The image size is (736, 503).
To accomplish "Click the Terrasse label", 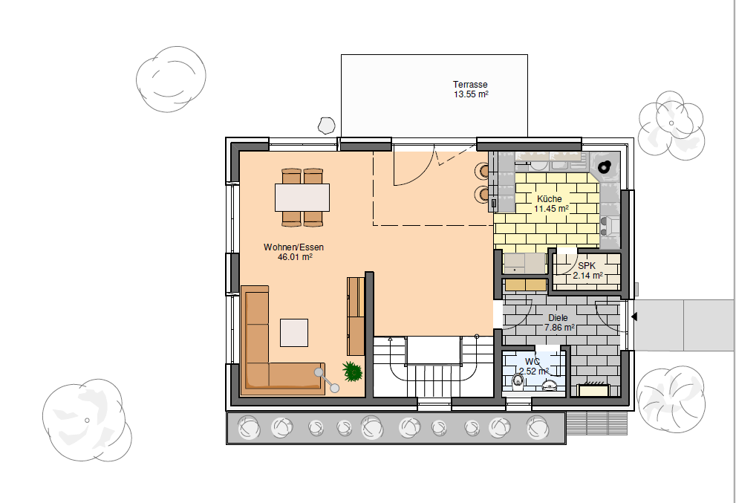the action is pos(470,85).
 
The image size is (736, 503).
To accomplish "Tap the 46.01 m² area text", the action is pos(295,257).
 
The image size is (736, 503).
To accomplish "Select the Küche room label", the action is pos(549,199).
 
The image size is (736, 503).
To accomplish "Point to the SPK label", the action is pos(587,266).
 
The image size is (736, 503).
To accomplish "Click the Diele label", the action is pos(558,318).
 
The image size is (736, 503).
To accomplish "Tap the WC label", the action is pos(533,362).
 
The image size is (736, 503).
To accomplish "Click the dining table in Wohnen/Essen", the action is pos(302,197).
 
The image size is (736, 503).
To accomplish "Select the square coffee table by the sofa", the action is pos(294,333).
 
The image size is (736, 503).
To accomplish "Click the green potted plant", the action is pos(352,371).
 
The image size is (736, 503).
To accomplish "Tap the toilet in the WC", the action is pos(517,379).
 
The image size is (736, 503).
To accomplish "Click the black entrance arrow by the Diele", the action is pos(634,317).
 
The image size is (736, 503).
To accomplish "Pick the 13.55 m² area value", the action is pos(471,94).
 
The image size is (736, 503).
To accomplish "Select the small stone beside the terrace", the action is pos(326,126).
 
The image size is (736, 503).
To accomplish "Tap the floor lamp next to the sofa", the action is pos(327,380).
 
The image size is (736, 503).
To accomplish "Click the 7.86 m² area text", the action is pos(559,328).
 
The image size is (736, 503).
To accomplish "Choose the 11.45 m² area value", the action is pos(552,209).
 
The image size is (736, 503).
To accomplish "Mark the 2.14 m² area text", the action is pos(587,276).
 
